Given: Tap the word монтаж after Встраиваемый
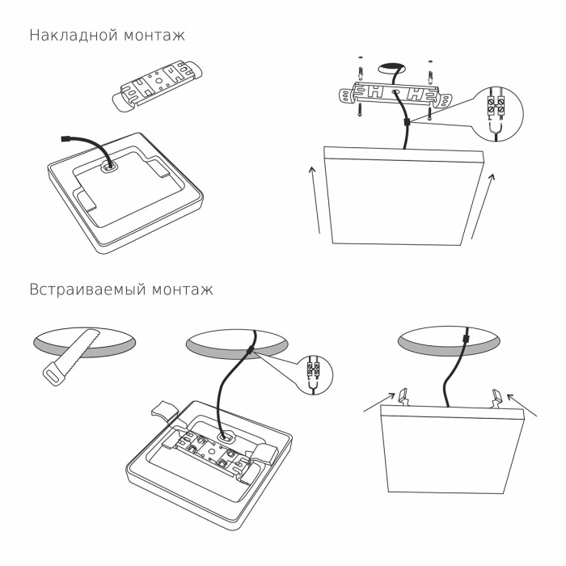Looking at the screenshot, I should pyautogui.click(x=183, y=289).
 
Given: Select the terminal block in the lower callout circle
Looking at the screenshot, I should pyautogui.click(x=315, y=372).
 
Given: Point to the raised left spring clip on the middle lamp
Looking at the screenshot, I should pyautogui.click(x=162, y=409).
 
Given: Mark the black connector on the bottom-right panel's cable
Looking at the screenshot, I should pyautogui.click(x=465, y=340).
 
